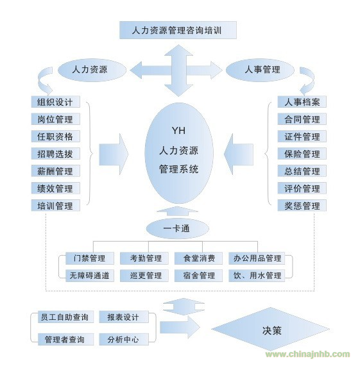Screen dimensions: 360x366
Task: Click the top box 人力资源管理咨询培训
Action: [x=178, y=30]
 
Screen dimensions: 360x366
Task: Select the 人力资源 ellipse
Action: [x=92, y=70]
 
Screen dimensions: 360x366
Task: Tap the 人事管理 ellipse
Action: [x=260, y=70]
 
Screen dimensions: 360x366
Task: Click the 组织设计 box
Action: [x=56, y=102]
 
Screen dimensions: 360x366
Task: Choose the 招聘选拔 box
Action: [x=56, y=154]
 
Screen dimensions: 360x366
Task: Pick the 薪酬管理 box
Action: [x=56, y=171]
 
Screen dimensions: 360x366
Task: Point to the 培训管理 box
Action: [x=56, y=205]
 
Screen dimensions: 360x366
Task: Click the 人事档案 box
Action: [x=302, y=102]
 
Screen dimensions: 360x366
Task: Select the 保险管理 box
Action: [x=302, y=154]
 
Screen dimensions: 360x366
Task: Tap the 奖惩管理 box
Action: [x=302, y=205]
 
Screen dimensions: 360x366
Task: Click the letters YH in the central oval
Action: [x=178, y=131]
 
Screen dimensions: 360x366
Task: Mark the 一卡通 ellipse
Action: [x=177, y=228]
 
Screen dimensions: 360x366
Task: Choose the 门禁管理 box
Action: [x=90, y=258]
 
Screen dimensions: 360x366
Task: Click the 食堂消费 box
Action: [x=198, y=258]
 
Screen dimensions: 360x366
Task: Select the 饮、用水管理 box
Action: [x=257, y=276]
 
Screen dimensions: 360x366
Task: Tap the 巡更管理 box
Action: [x=144, y=276]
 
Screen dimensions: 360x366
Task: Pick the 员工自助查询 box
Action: [x=65, y=317]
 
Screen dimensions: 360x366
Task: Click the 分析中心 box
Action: [x=124, y=339]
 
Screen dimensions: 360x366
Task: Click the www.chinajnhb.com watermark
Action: [x=307, y=354]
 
